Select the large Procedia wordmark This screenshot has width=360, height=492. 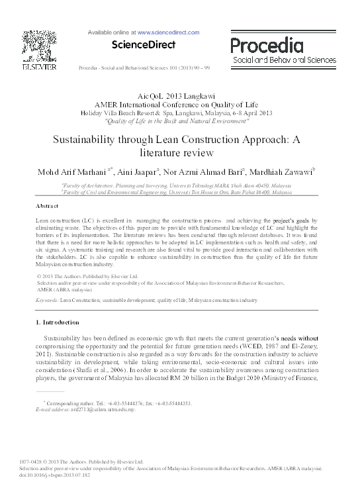268,45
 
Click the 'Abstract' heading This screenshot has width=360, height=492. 47,207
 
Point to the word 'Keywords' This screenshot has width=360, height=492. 46,300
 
